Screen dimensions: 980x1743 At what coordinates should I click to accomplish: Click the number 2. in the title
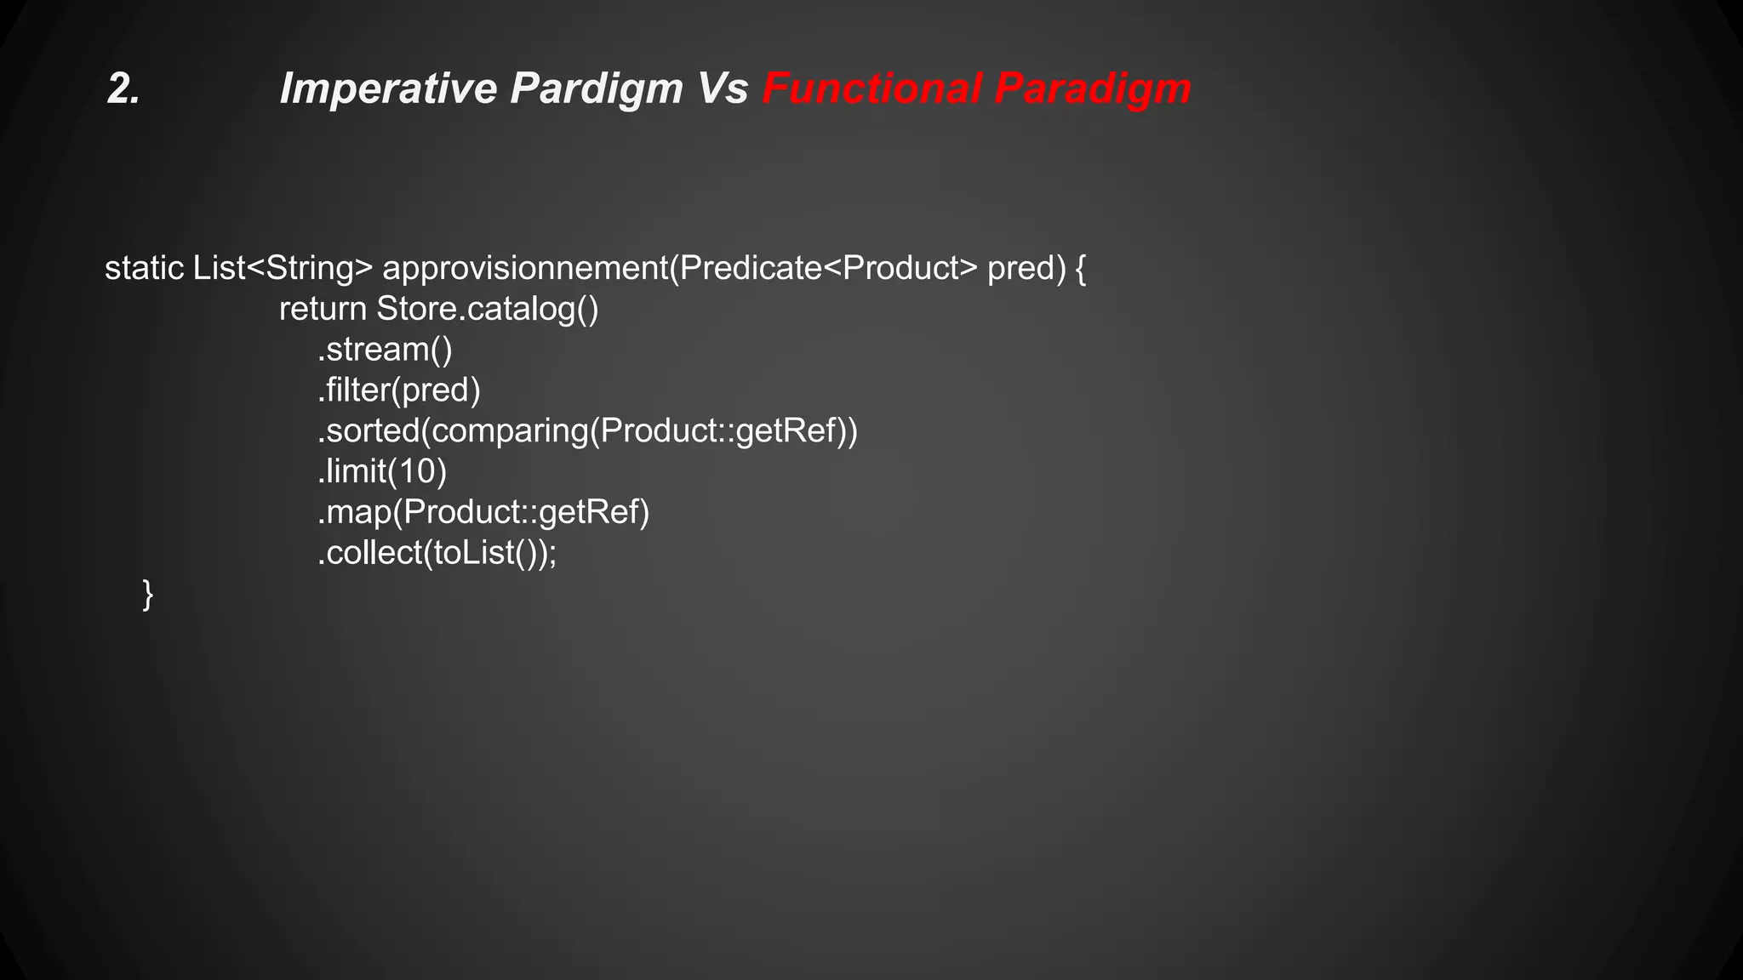pyautogui.click(x=123, y=88)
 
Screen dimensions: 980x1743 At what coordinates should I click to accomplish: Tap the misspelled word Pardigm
pyautogui.click(x=596, y=88)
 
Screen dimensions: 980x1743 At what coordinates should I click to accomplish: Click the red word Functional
pyautogui.click(x=871, y=88)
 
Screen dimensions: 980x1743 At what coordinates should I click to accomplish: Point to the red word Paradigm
pyautogui.click(x=1092, y=88)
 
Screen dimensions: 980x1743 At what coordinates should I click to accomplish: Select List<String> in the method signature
pyautogui.click(x=283, y=269)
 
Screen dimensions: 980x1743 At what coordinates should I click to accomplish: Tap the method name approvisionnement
pyautogui.click(x=525, y=269)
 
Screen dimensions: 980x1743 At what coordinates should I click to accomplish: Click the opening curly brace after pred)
pyautogui.click(x=1080, y=269)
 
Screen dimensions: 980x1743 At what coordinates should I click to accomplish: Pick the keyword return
pyautogui.click(x=323, y=310)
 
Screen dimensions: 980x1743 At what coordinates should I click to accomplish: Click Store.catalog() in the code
pyautogui.click(x=488, y=310)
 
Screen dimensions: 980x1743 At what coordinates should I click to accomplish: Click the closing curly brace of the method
pyautogui.click(x=148, y=594)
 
